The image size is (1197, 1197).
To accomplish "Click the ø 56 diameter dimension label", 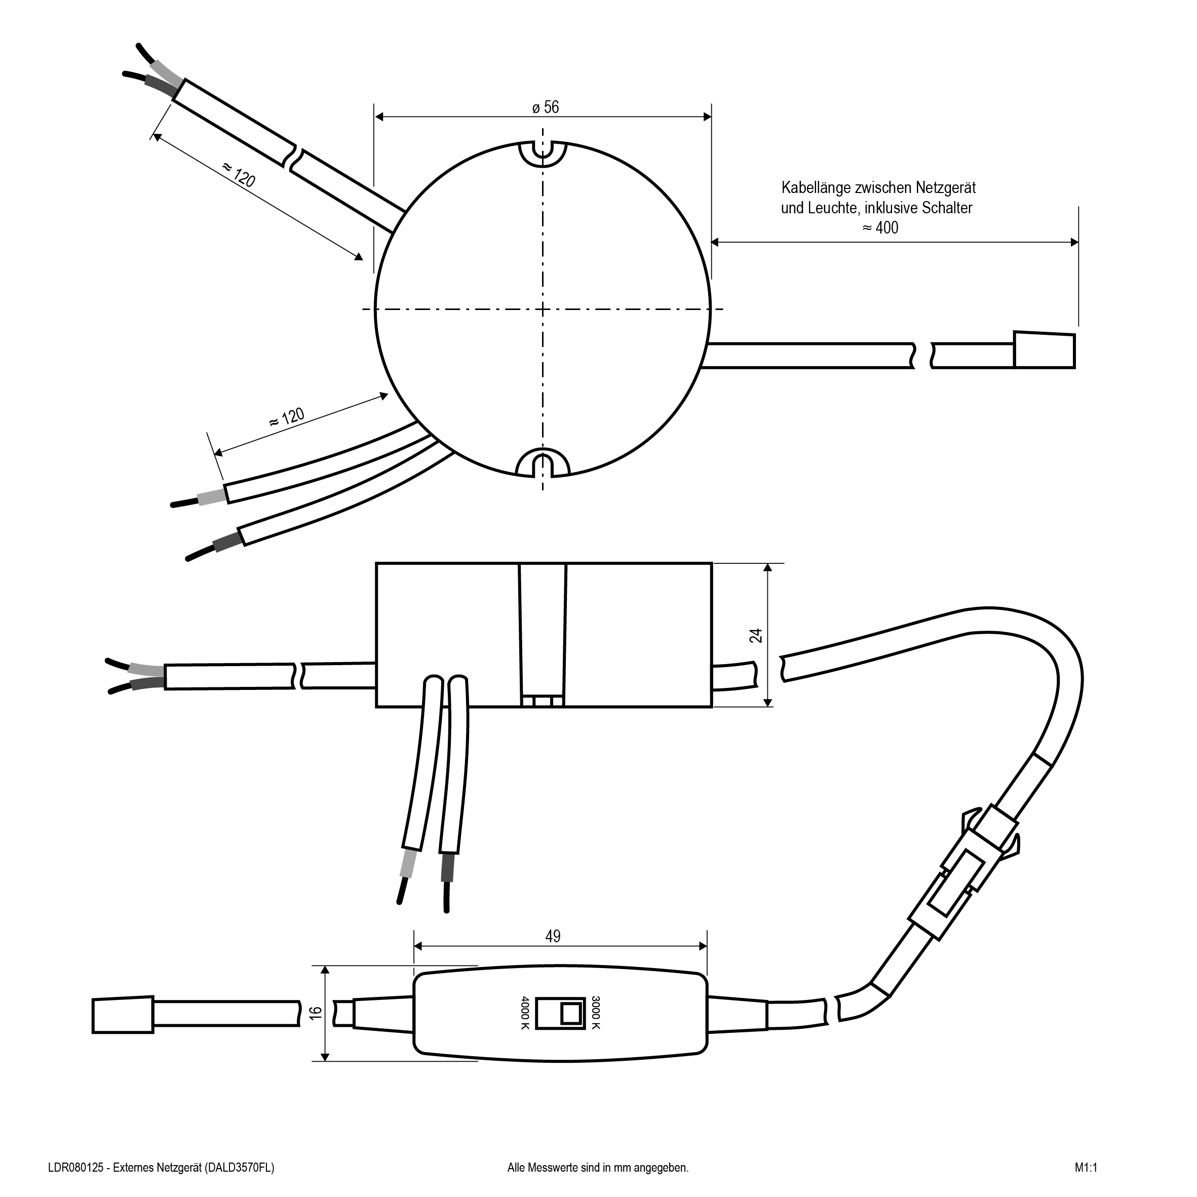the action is [x=545, y=107].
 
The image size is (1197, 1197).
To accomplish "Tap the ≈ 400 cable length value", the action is [x=880, y=227].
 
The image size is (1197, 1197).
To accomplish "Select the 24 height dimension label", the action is [x=756, y=636].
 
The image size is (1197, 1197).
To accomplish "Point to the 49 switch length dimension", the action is [x=553, y=936].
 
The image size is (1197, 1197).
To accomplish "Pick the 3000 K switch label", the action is [x=595, y=1012].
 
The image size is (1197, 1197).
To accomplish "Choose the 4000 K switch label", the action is [x=525, y=1013].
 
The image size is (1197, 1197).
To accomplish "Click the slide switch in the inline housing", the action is [x=560, y=1013].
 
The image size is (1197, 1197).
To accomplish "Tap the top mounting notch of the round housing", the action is [x=543, y=155].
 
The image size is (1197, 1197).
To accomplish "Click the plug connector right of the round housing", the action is [x=1044, y=351].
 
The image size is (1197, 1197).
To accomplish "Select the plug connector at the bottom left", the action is [x=123, y=1014].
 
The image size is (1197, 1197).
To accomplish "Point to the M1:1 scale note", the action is [x=1086, y=1168].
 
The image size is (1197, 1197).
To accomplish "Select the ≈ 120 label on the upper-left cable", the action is [x=239, y=175].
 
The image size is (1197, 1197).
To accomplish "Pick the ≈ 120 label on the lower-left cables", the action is [x=286, y=417].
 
